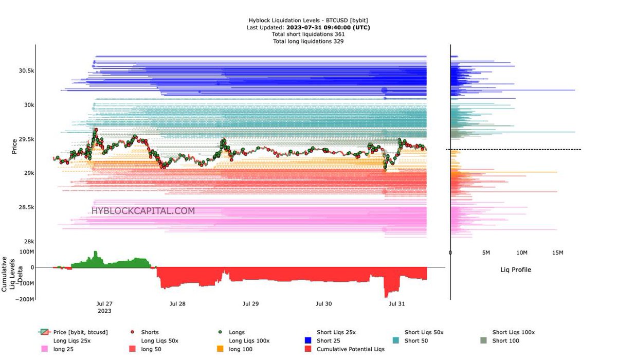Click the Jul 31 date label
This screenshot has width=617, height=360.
pos(397,304)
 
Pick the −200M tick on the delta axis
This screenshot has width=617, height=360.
pos(24,299)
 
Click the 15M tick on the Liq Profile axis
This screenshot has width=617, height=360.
pos(557,253)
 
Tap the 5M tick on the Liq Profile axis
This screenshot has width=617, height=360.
pos(486,253)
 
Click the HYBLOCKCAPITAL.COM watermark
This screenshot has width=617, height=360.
pos(143,211)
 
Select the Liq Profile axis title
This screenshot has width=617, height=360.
pos(516,269)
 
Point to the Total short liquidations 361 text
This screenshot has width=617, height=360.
pos(308,34)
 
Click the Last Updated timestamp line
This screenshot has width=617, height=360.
pos(308,27)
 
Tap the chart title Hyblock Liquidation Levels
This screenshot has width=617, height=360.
pos(308,21)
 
